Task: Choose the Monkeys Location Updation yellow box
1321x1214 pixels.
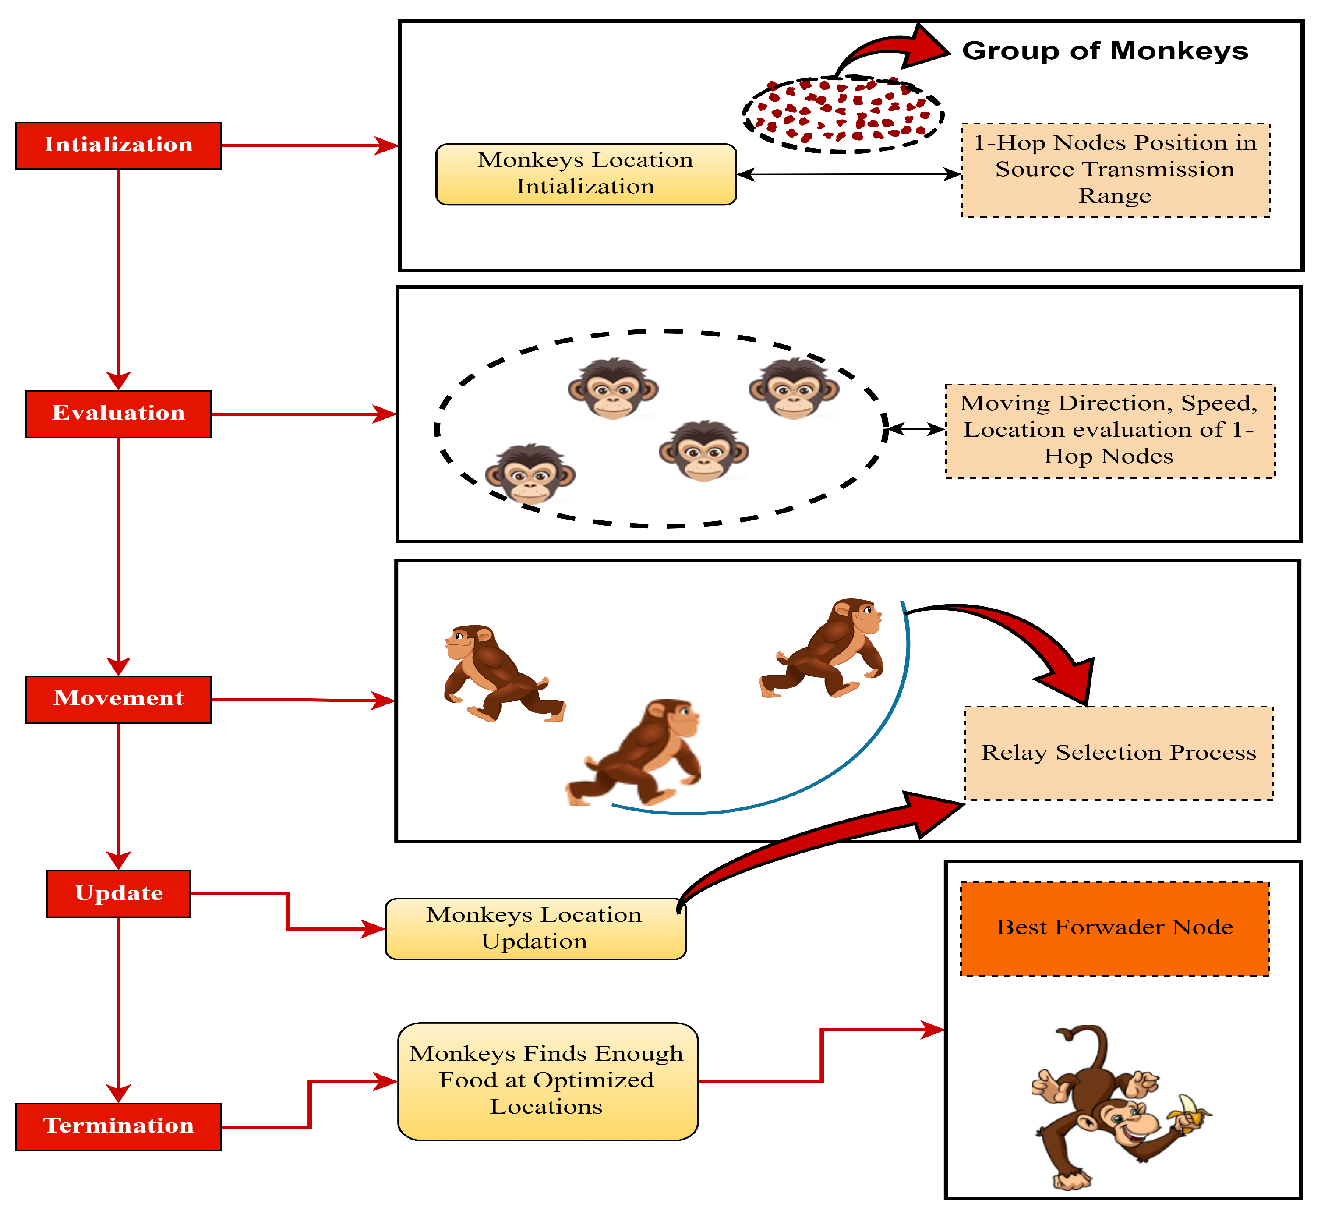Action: tap(535, 929)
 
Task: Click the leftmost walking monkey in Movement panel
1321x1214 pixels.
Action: tap(499, 673)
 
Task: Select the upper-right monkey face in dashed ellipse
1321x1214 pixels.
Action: tap(794, 389)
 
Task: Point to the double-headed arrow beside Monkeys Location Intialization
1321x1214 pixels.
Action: tap(849, 174)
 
